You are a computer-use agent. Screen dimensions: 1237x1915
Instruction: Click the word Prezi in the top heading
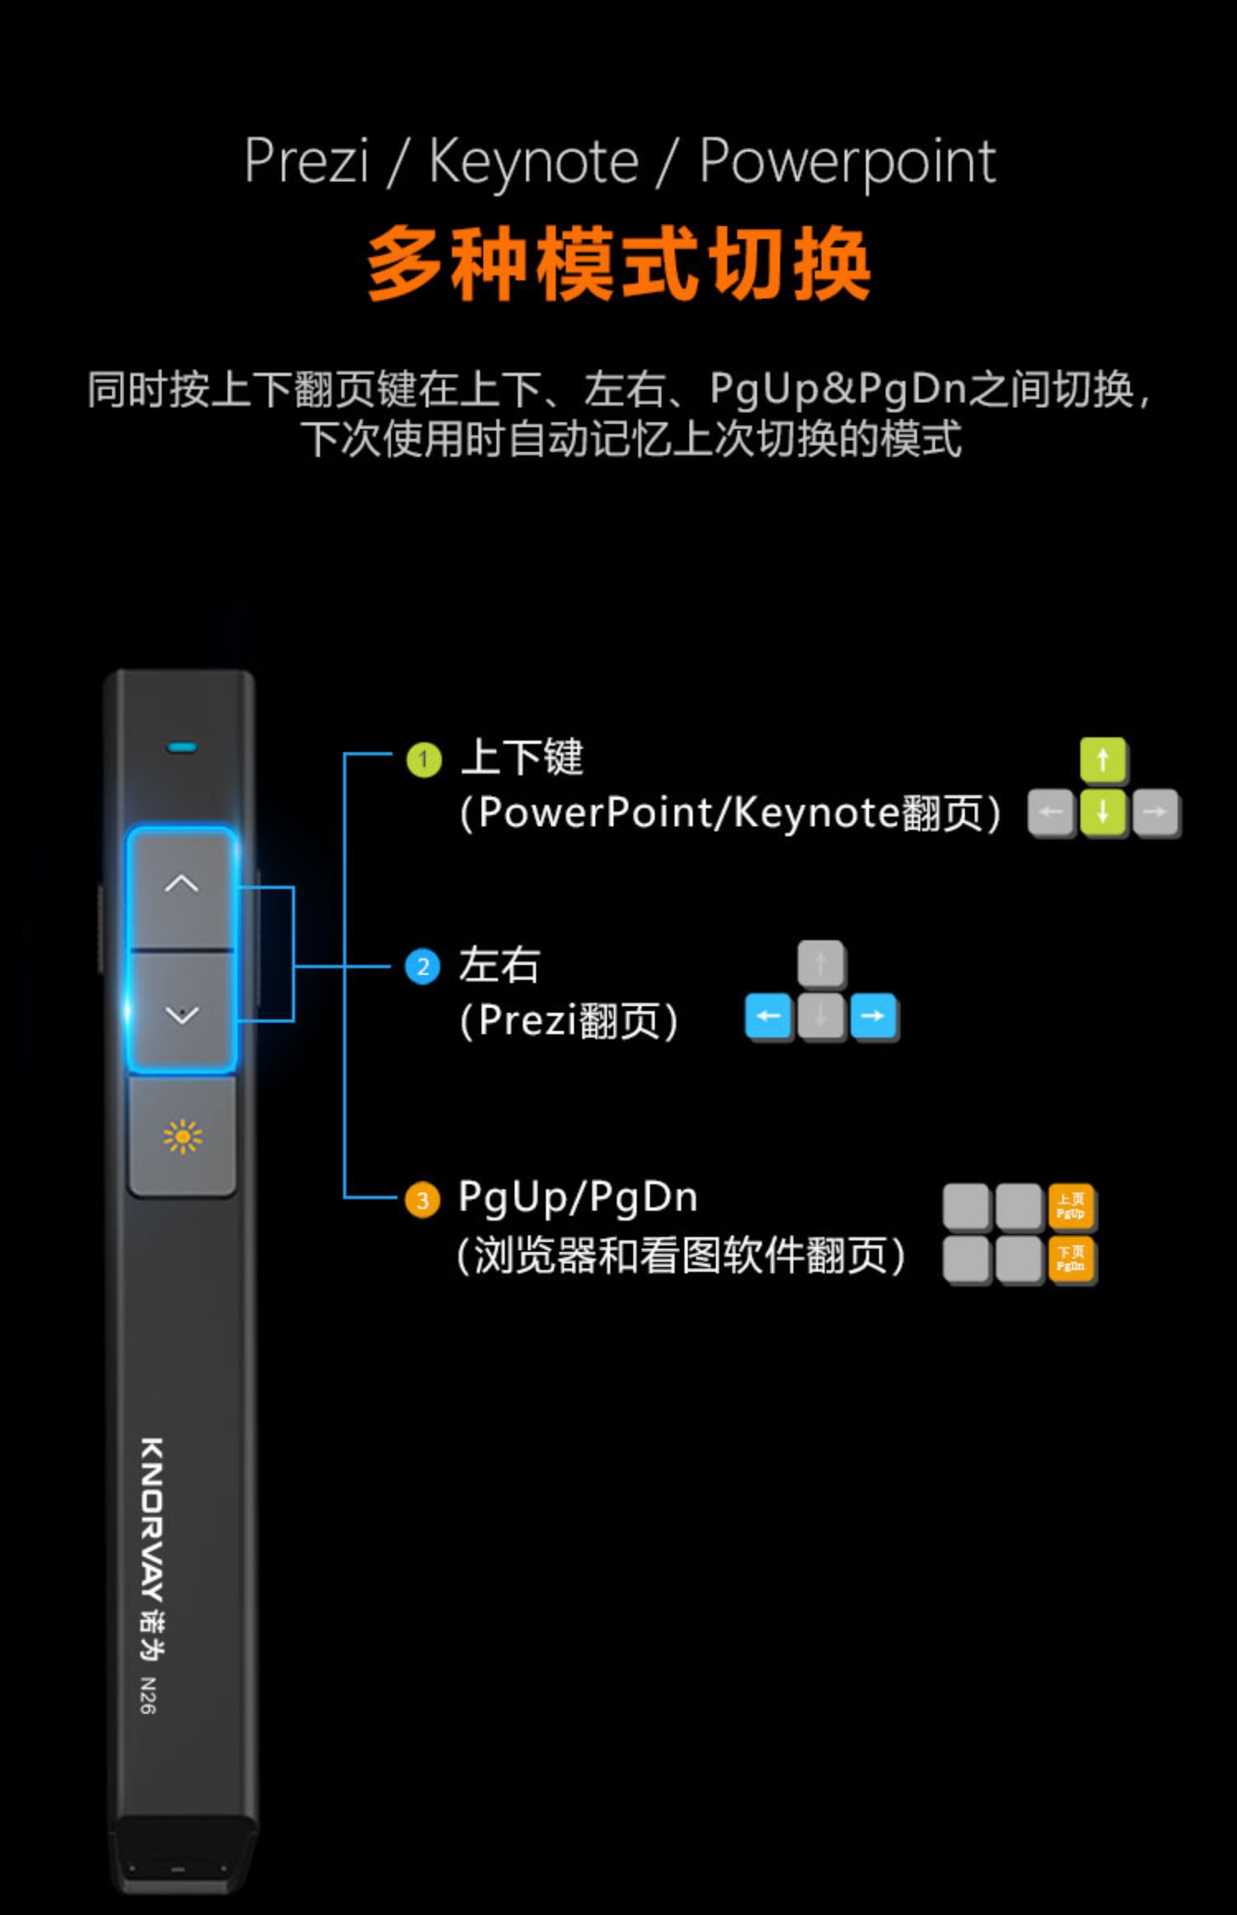tap(306, 161)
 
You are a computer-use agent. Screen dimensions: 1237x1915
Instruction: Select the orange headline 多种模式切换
tap(618, 264)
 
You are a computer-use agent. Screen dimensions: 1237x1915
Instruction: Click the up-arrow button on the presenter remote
tap(181, 886)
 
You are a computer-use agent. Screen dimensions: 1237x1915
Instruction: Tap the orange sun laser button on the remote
tap(182, 1136)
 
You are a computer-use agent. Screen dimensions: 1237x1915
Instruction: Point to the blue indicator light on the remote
tap(181, 748)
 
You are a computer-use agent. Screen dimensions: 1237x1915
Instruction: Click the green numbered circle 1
tap(424, 760)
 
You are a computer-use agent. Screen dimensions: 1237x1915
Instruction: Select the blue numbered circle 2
tap(423, 967)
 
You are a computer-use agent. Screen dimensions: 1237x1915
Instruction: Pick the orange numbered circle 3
tap(422, 1200)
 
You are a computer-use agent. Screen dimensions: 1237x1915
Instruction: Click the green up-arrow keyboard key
tap(1103, 760)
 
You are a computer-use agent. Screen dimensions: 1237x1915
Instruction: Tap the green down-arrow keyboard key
tap(1103, 812)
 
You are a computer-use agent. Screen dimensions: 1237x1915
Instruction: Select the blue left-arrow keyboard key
tap(769, 1016)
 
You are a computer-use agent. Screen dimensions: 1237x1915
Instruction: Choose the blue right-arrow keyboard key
tap(873, 1016)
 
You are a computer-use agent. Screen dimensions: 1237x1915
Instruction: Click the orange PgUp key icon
tap(1070, 1207)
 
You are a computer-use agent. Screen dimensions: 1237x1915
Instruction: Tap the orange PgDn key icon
tap(1070, 1259)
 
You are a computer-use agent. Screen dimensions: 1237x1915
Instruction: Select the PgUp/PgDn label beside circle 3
tap(577, 1197)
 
